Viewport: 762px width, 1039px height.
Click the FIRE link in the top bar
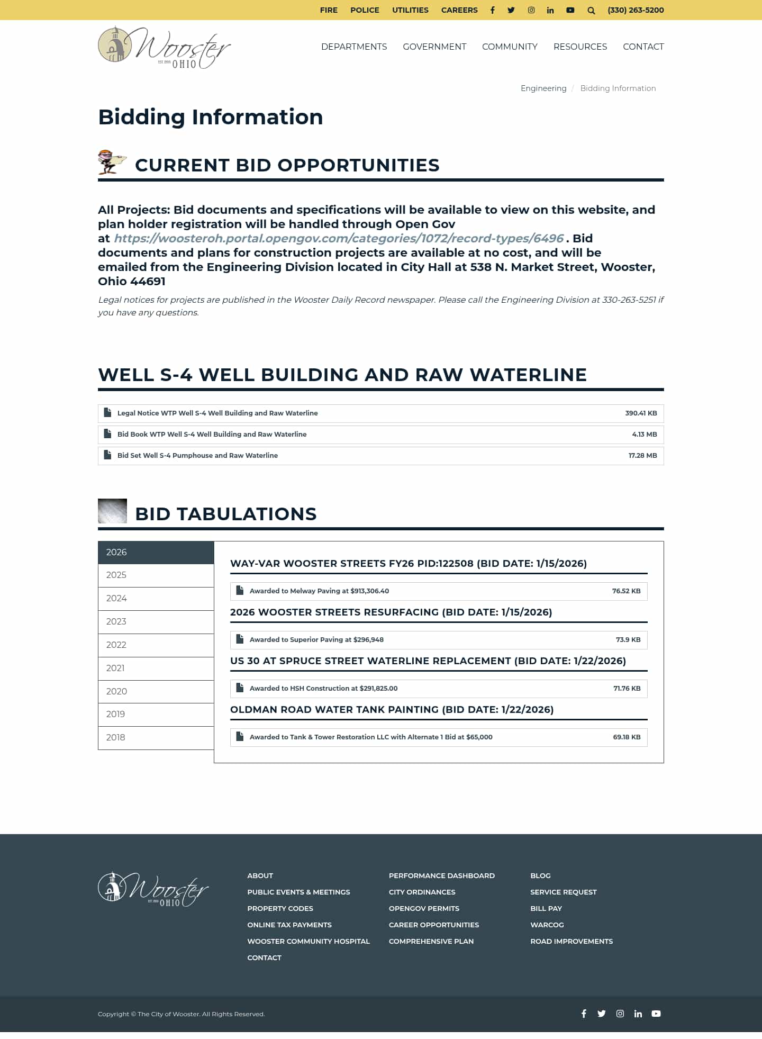click(x=329, y=10)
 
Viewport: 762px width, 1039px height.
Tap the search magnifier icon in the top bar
click(x=591, y=10)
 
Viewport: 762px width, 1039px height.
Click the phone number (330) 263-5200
click(x=636, y=10)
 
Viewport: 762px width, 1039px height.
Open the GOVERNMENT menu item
click(x=434, y=47)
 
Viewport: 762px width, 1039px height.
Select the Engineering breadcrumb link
click(x=543, y=88)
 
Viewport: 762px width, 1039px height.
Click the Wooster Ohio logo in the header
click(x=164, y=47)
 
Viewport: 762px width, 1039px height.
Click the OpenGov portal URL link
click(x=339, y=238)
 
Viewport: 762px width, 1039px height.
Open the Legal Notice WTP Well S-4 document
click(x=217, y=413)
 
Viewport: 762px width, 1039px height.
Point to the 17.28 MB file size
click(x=642, y=456)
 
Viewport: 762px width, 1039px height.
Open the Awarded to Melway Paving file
click(x=319, y=591)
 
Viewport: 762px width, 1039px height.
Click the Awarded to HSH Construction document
click(x=323, y=689)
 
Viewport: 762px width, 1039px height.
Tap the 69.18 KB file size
click(x=627, y=737)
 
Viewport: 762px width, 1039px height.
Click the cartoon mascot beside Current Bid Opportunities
click(x=111, y=162)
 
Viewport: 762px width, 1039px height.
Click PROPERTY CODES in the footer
click(x=280, y=909)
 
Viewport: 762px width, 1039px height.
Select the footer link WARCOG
click(x=547, y=925)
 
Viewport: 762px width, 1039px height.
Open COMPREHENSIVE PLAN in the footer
click(x=431, y=942)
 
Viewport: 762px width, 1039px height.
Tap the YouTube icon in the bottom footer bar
click(x=656, y=1014)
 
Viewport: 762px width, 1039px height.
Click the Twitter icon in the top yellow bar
click(x=511, y=10)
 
